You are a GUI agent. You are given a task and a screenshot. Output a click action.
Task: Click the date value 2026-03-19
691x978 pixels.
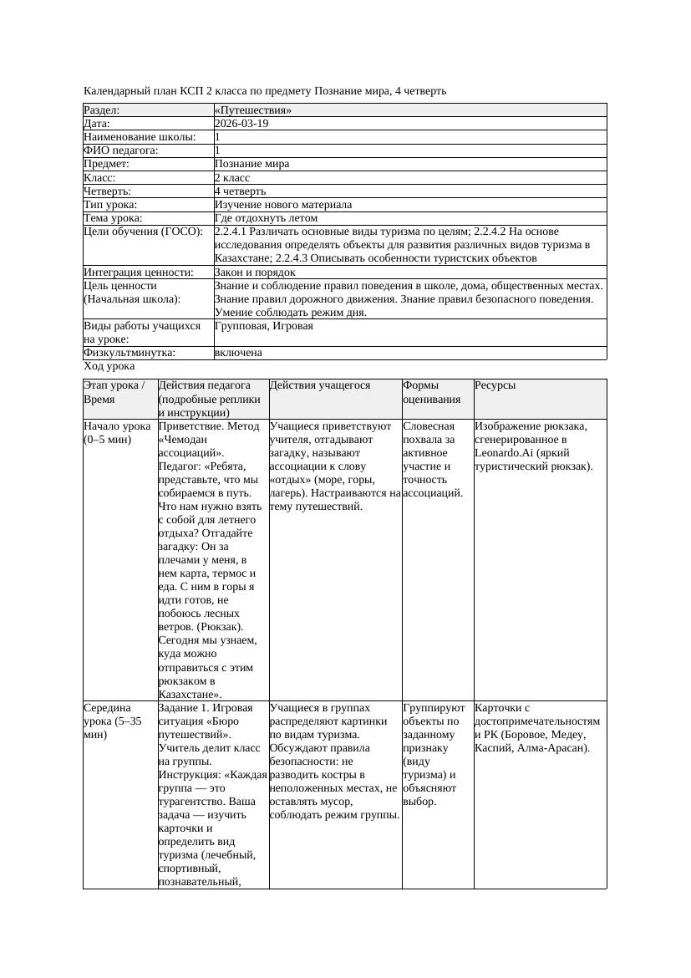241,124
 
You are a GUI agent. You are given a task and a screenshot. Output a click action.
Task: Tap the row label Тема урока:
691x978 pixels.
113,218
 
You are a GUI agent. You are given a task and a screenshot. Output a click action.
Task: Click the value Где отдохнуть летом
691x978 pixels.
266,218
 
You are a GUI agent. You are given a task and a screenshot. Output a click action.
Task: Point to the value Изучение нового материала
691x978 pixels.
282,205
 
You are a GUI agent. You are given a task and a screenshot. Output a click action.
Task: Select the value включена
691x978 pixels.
238,353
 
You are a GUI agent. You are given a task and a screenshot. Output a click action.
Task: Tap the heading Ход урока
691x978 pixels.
109,366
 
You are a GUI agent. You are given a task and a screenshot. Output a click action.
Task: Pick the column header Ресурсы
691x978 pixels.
495,385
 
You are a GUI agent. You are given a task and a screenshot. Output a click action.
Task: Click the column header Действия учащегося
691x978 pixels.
320,385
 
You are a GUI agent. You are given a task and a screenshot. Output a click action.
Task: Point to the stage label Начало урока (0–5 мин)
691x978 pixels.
117,433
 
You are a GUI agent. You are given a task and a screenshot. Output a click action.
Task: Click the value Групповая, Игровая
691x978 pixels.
263,326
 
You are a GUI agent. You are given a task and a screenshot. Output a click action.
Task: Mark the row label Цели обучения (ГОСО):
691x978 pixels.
143,232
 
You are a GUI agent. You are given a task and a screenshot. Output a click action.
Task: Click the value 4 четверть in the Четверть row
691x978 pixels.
240,191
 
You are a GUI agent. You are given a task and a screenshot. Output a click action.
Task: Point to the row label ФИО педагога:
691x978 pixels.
121,150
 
